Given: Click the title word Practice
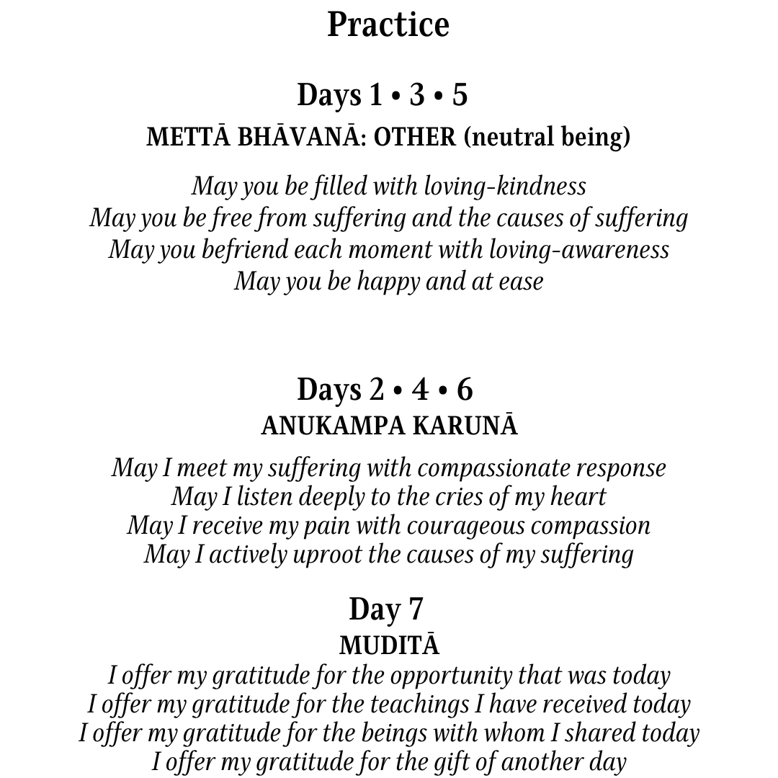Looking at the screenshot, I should pos(388,25).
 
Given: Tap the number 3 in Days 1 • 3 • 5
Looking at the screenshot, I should pos(417,95).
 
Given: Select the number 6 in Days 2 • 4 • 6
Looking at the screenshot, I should pos(465,390).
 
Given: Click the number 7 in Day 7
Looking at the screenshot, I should pos(416,609).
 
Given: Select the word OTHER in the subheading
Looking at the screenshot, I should pos(415,137).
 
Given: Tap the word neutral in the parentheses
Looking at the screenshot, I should pos(511,137).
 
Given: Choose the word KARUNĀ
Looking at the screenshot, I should pos(465,426).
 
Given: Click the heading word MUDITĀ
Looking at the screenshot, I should pos(389,645).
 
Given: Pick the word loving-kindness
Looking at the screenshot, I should pos(504,186).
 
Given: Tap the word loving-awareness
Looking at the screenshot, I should pos(579,249).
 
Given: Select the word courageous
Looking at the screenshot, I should pos(465,526).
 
